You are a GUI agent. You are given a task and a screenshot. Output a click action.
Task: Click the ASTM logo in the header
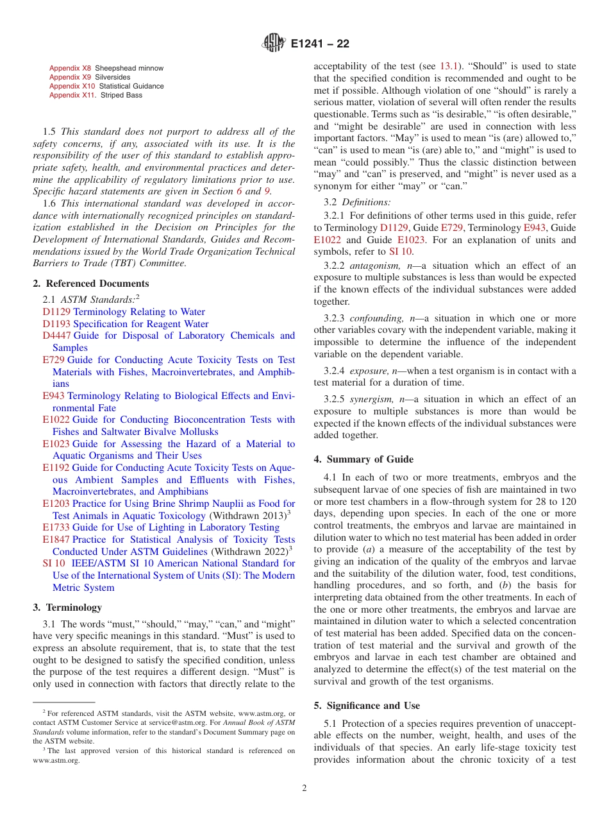click(275, 44)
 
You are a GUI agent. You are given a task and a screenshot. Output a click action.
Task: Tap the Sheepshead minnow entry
click(129, 68)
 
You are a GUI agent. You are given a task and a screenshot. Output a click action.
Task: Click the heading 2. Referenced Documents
click(90, 284)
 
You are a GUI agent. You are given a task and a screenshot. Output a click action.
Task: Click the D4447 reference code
click(56, 336)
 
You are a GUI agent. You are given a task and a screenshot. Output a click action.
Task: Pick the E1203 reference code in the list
click(56, 504)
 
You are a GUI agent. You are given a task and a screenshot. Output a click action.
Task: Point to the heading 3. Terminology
click(67, 608)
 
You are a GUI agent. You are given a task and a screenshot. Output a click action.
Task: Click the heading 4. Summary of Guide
click(363, 459)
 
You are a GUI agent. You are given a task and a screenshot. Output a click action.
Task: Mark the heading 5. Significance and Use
click(367, 706)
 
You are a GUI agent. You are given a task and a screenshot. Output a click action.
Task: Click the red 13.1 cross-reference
click(447, 66)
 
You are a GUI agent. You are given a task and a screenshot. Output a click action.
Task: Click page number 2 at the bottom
click(304, 788)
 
